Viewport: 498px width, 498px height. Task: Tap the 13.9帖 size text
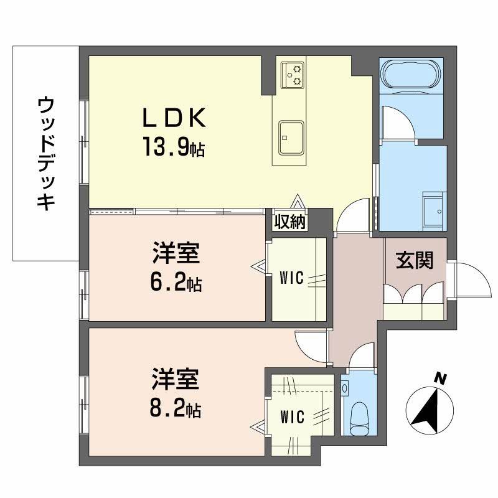tap(174, 149)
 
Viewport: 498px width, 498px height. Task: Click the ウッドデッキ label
tap(45, 153)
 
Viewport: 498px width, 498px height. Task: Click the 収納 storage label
tap(291, 221)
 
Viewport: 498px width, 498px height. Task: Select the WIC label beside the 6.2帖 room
tap(291, 278)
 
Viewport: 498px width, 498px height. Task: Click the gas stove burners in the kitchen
tap(293, 74)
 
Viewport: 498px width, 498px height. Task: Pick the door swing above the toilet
tap(359, 358)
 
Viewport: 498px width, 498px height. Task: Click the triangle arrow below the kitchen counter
tap(299, 203)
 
